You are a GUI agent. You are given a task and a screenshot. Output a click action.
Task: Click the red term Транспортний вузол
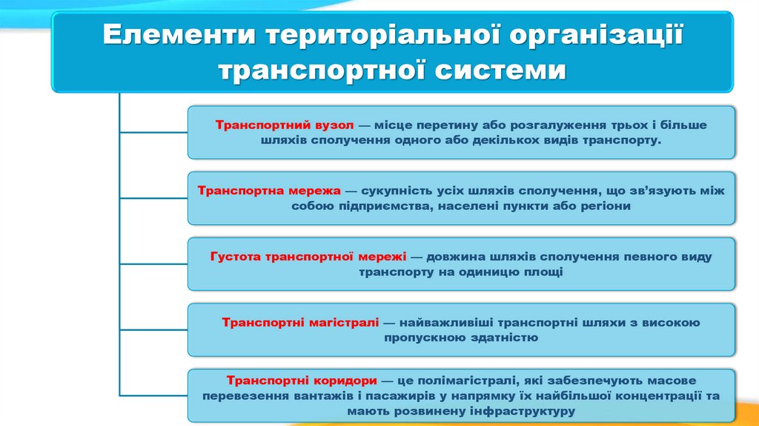(285, 125)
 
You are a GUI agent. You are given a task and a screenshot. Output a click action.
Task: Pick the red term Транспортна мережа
(269, 190)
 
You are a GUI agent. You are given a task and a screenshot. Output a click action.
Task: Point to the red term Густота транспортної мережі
(308, 256)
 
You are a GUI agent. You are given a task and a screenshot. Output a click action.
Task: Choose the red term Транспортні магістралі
(300, 322)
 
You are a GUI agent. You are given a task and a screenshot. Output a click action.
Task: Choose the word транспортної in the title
(322, 71)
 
